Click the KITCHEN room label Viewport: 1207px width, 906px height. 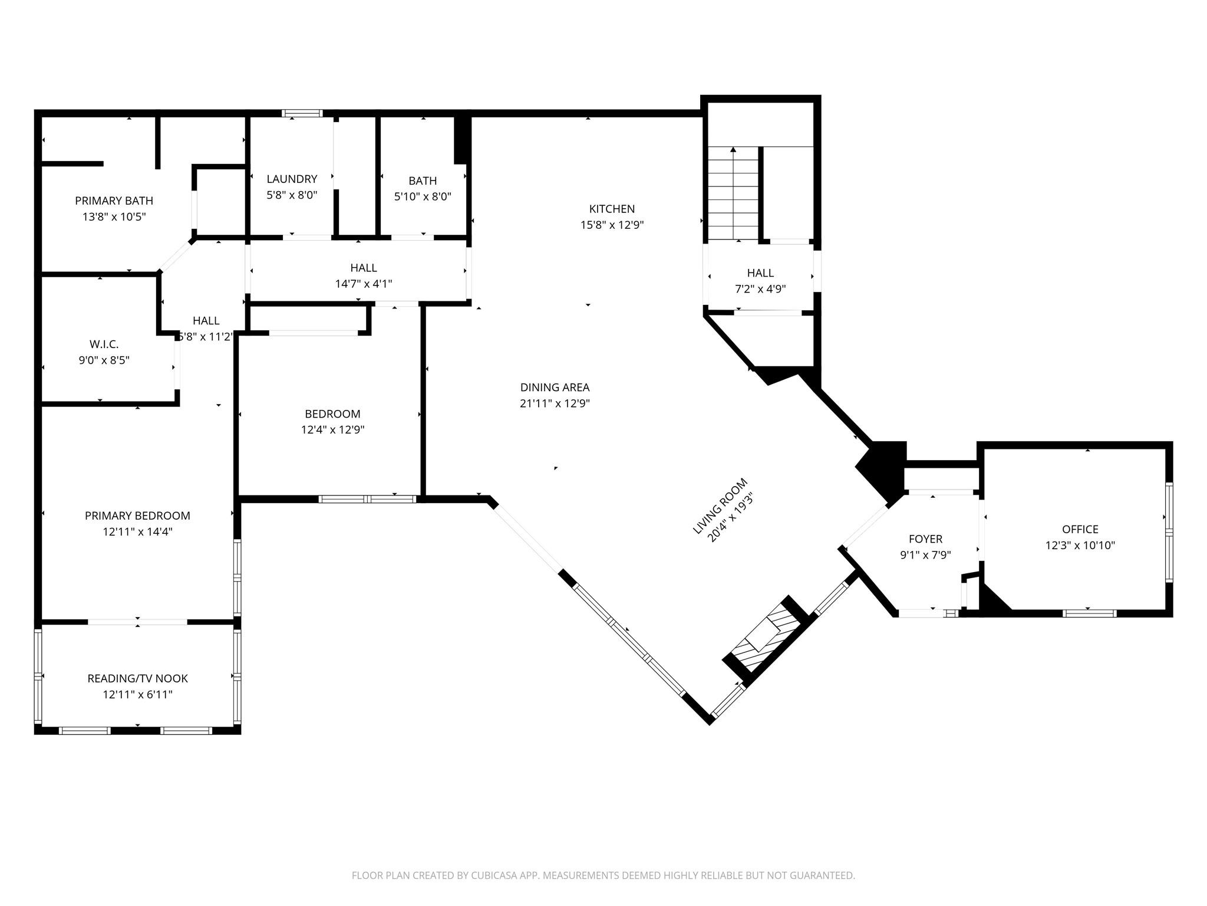[612, 209]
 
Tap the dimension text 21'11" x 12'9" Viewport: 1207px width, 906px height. [555, 403]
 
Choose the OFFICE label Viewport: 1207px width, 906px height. [1080, 529]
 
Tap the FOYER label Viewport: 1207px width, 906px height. [925, 539]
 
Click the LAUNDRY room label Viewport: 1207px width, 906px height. [292, 179]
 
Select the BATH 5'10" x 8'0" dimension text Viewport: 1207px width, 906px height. [423, 196]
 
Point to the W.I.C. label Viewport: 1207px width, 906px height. [104, 344]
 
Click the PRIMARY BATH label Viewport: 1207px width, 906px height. [114, 201]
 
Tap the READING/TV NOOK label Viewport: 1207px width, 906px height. [137, 678]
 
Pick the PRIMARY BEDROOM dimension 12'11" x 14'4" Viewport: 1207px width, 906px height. [137, 531]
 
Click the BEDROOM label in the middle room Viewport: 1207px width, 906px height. [332, 413]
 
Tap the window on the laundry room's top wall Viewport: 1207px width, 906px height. [302, 113]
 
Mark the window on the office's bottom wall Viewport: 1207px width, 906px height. [1089, 613]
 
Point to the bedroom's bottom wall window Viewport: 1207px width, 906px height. [368, 499]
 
